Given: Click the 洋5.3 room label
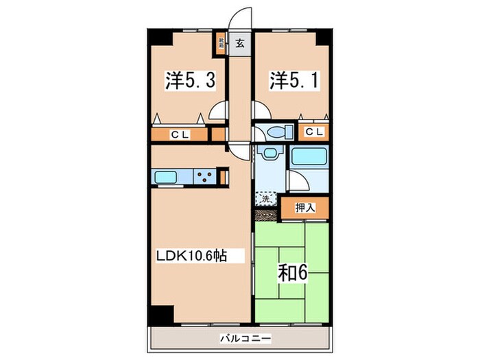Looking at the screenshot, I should (190, 81).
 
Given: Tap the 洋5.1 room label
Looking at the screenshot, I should (293, 81).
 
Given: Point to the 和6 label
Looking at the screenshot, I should (291, 272).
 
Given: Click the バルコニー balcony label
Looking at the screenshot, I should (245, 338).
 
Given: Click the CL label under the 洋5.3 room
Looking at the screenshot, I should (180, 134).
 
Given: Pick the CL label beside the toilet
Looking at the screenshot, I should (314, 132).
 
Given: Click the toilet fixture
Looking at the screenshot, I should (276, 132).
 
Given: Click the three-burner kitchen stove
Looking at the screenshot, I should (205, 177).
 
